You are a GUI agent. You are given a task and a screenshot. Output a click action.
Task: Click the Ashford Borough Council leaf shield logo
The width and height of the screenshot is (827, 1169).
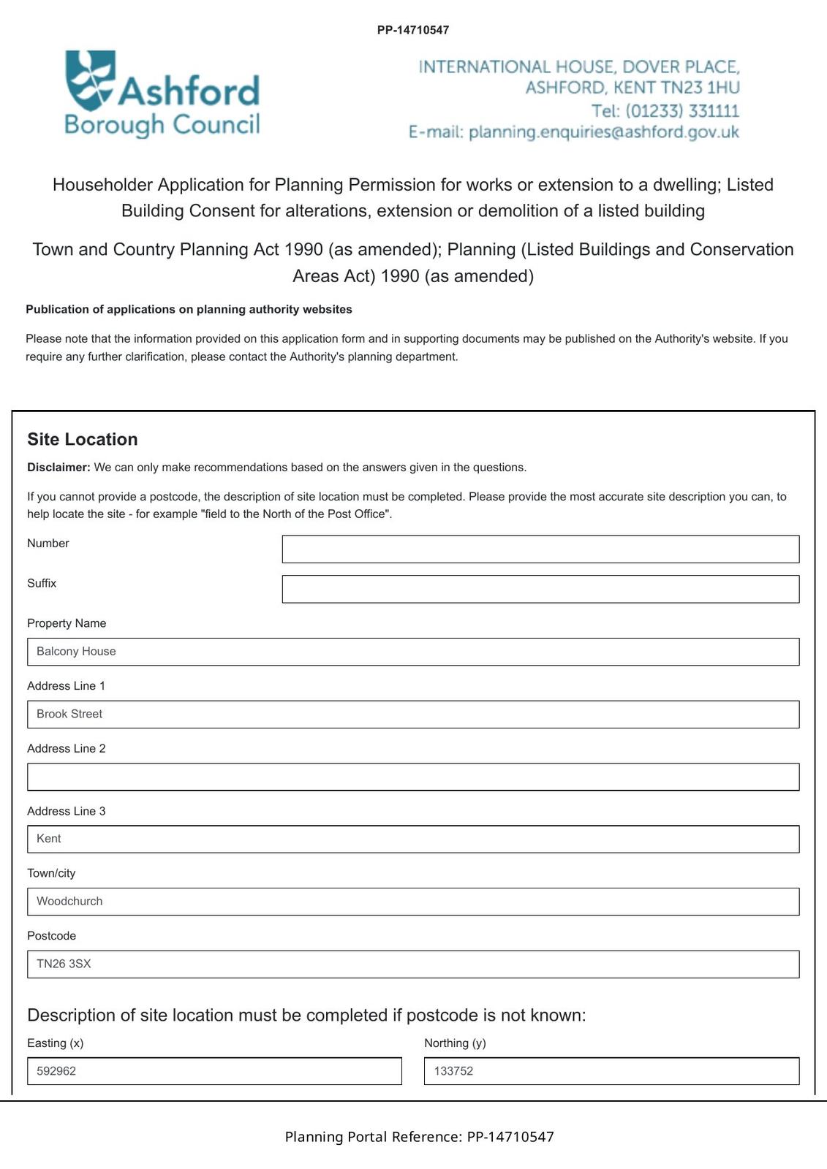91,79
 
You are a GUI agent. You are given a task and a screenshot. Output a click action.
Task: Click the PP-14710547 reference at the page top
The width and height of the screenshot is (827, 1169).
413,30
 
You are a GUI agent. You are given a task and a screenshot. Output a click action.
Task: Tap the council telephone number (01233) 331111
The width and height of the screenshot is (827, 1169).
681,111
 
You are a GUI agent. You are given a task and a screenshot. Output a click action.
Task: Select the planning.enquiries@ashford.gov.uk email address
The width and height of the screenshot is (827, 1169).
603,132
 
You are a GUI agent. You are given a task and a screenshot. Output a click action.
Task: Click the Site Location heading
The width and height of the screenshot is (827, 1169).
83,439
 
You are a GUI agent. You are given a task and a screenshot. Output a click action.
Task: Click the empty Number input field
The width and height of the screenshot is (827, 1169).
540,549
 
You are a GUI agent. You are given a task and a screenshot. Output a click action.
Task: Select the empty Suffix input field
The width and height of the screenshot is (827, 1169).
540,589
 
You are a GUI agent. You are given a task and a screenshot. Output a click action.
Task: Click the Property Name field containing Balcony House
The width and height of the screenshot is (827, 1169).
413,652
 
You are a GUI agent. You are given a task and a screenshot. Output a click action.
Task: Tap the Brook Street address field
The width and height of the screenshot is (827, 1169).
413,714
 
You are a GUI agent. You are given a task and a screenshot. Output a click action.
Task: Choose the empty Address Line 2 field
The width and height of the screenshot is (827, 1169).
413,777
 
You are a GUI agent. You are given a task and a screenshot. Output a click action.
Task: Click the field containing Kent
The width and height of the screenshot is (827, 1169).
413,839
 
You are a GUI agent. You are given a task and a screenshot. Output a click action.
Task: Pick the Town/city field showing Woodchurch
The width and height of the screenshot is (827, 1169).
413,902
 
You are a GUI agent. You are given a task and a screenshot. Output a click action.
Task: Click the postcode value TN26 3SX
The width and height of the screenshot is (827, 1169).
64,964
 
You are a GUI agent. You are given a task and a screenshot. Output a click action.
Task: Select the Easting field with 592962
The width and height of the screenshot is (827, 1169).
214,1071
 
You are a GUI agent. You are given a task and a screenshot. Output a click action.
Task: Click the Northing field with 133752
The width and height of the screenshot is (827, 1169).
611,1071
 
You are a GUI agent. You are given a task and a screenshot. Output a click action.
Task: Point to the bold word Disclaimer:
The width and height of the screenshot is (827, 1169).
58,468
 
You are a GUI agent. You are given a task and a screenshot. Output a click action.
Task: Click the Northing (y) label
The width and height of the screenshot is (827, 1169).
455,1043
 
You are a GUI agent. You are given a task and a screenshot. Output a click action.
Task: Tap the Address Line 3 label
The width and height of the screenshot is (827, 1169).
67,811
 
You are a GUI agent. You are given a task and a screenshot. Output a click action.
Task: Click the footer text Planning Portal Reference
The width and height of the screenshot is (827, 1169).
373,1137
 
